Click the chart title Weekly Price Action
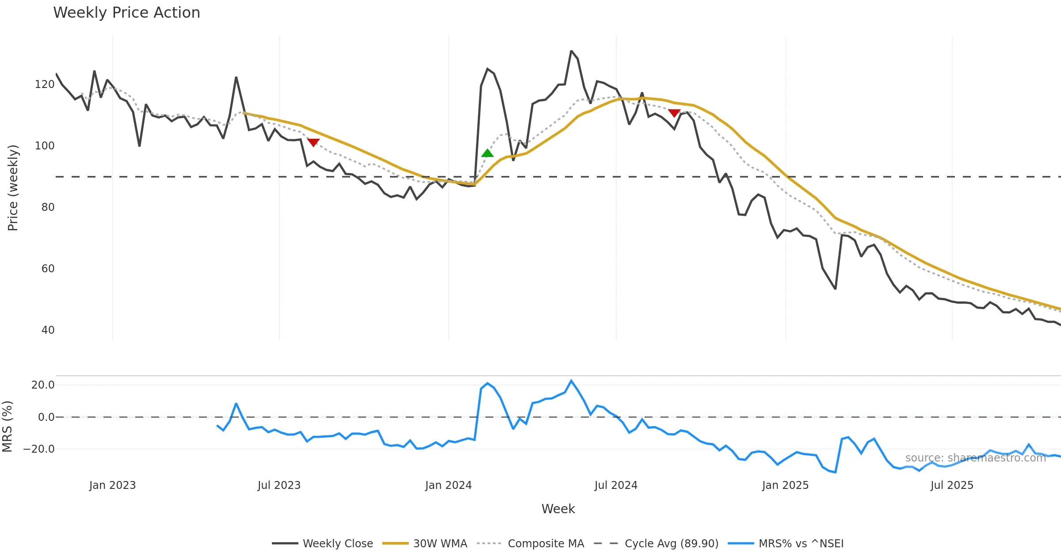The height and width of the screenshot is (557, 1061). point(126,13)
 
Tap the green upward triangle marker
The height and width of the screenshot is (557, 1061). point(487,153)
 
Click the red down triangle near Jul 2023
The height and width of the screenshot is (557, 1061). point(313,142)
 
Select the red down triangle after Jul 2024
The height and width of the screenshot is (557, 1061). point(674,113)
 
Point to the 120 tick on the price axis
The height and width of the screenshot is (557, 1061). point(44,84)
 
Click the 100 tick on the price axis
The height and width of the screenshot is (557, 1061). point(44,146)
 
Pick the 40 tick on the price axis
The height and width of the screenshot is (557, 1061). point(48,330)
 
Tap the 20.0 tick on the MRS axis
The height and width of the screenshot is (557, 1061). point(43,385)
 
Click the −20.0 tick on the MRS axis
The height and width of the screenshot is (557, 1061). point(39,449)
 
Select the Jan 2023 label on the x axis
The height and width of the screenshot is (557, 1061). point(112,485)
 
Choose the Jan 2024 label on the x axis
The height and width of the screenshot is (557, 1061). point(448,485)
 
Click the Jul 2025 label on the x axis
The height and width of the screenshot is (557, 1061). point(952,485)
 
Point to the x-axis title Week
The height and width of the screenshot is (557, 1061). point(558,509)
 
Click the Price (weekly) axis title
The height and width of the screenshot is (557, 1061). point(13,188)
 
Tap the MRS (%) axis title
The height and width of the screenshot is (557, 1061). point(7,427)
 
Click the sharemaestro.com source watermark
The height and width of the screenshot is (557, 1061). point(975,458)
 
